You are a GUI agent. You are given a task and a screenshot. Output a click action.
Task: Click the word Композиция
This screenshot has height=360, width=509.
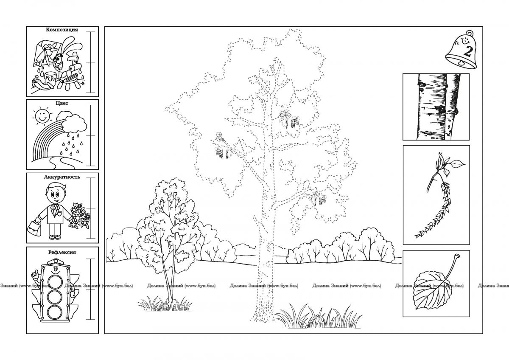[x=62, y=30]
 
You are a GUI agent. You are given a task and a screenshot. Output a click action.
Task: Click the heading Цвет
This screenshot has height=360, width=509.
[x=62, y=103]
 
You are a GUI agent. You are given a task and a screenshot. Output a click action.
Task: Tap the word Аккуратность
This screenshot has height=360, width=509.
[x=62, y=177]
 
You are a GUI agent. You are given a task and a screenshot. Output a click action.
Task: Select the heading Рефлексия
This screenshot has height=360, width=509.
[x=62, y=252]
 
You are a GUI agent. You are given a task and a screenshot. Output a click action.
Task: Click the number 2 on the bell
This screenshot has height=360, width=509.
[x=467, y=51]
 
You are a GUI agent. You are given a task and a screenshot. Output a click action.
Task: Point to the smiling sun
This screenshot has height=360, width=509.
[x=42, y=116]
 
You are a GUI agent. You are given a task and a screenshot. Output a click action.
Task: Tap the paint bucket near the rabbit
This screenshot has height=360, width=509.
[x=50, y=79]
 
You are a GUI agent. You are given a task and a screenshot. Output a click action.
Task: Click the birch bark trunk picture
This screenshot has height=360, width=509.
[x=436, y=107]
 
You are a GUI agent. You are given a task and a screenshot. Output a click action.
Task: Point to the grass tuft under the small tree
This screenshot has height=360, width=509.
[x=165, y=304]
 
